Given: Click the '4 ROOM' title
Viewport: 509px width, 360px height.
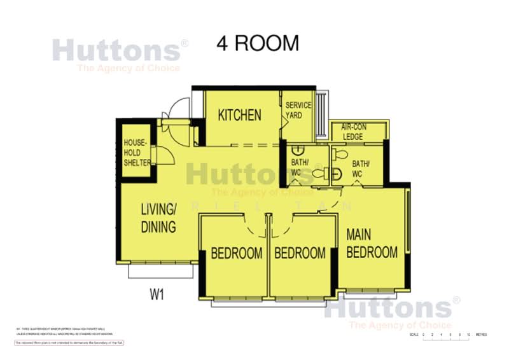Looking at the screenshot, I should click(257, 43).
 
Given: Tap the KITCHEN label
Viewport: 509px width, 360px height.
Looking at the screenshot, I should click(239, 115).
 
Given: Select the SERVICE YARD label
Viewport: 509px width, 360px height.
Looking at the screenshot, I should click(298, 110).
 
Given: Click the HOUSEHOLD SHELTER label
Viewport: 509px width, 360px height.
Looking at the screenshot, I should click(137, 153).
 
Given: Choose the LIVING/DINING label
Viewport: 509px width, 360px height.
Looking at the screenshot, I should click(158, 218).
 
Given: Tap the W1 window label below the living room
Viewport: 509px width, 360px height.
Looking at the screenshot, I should click(158, 294).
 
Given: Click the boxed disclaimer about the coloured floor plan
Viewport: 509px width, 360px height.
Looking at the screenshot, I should click(70, 343).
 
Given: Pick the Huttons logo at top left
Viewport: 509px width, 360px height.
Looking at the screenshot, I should click(120, 51).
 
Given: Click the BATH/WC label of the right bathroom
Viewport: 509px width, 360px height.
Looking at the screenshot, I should click(361, 169).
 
